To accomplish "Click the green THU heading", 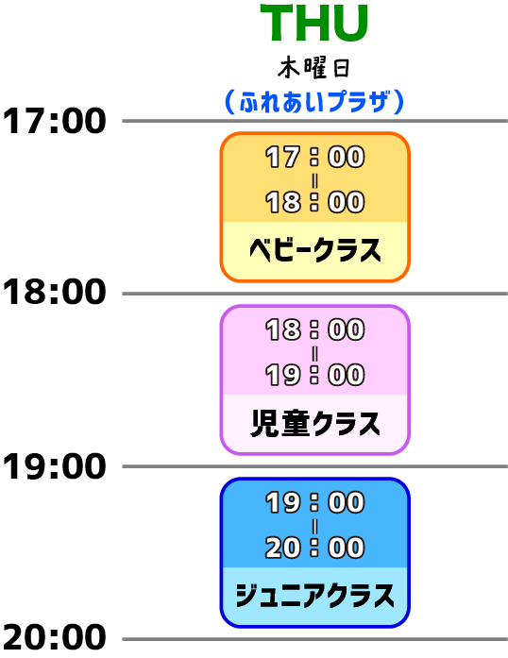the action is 314,23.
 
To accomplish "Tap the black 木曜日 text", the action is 313,68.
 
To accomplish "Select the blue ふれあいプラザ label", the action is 314,102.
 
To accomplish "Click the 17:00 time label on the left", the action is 54,121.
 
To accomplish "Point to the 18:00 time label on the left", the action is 54,293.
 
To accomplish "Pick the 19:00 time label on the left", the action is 54,466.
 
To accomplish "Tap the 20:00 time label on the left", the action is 54,637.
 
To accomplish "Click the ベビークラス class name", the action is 314,250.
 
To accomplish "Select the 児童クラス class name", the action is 314,423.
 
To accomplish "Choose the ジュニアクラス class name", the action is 314,595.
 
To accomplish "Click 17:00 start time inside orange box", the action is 314,157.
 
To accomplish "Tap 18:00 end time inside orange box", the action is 314,202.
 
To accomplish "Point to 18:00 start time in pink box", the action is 314,329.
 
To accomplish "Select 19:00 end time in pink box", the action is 314,375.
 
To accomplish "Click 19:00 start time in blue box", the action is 314,502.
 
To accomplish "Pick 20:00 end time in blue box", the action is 314,548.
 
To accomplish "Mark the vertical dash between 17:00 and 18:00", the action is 314,181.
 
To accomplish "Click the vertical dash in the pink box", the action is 314,353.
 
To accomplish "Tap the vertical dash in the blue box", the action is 314,526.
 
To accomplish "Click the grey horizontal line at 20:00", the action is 314,639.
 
